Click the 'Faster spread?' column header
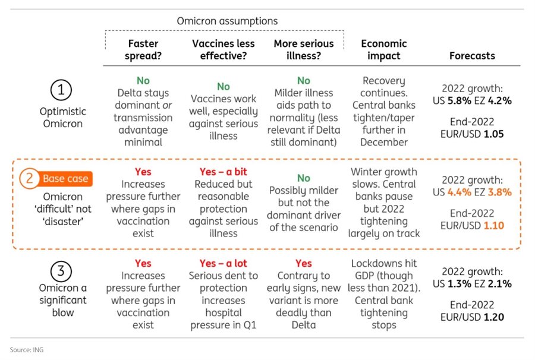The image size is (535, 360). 143,49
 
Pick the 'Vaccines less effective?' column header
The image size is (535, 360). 223,49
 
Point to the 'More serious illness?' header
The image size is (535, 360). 304,49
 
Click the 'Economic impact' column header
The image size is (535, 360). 383,49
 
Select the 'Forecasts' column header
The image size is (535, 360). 472,55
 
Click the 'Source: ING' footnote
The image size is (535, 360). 27,350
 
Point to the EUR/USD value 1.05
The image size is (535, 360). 493,134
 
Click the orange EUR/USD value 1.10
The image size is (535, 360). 493,226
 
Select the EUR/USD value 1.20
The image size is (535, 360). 493,317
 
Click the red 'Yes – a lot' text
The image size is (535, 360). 223,263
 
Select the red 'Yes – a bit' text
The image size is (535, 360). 223,172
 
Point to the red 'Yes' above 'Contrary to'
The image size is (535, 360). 304,263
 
